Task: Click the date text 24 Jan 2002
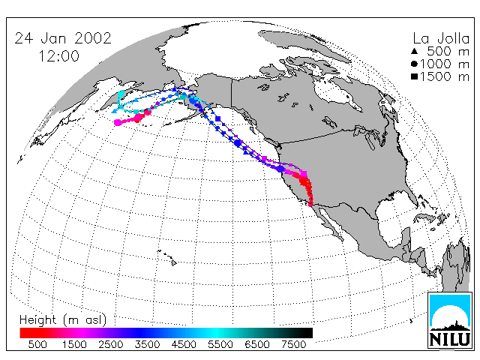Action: click(63, 38)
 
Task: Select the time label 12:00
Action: click(58, 56)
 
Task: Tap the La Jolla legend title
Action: click(441, 38)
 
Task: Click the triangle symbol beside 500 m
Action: click(414, 51)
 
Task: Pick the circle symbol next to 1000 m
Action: click(414, 64)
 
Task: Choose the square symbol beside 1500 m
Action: click(414, 76)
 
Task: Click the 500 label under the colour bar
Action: click(37, 345)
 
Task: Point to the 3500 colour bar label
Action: click(147, 345)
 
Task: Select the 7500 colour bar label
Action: click(293, 345)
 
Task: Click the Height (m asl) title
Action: click(63, 320)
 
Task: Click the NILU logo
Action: click(449, 320)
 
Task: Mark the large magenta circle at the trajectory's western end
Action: click(117, 122)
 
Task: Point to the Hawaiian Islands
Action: click(167, 256)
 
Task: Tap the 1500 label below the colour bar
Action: click(74, 345)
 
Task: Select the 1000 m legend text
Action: click(445, 64)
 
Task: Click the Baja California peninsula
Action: click(329, 220)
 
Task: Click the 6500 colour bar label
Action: click(257, 345)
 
